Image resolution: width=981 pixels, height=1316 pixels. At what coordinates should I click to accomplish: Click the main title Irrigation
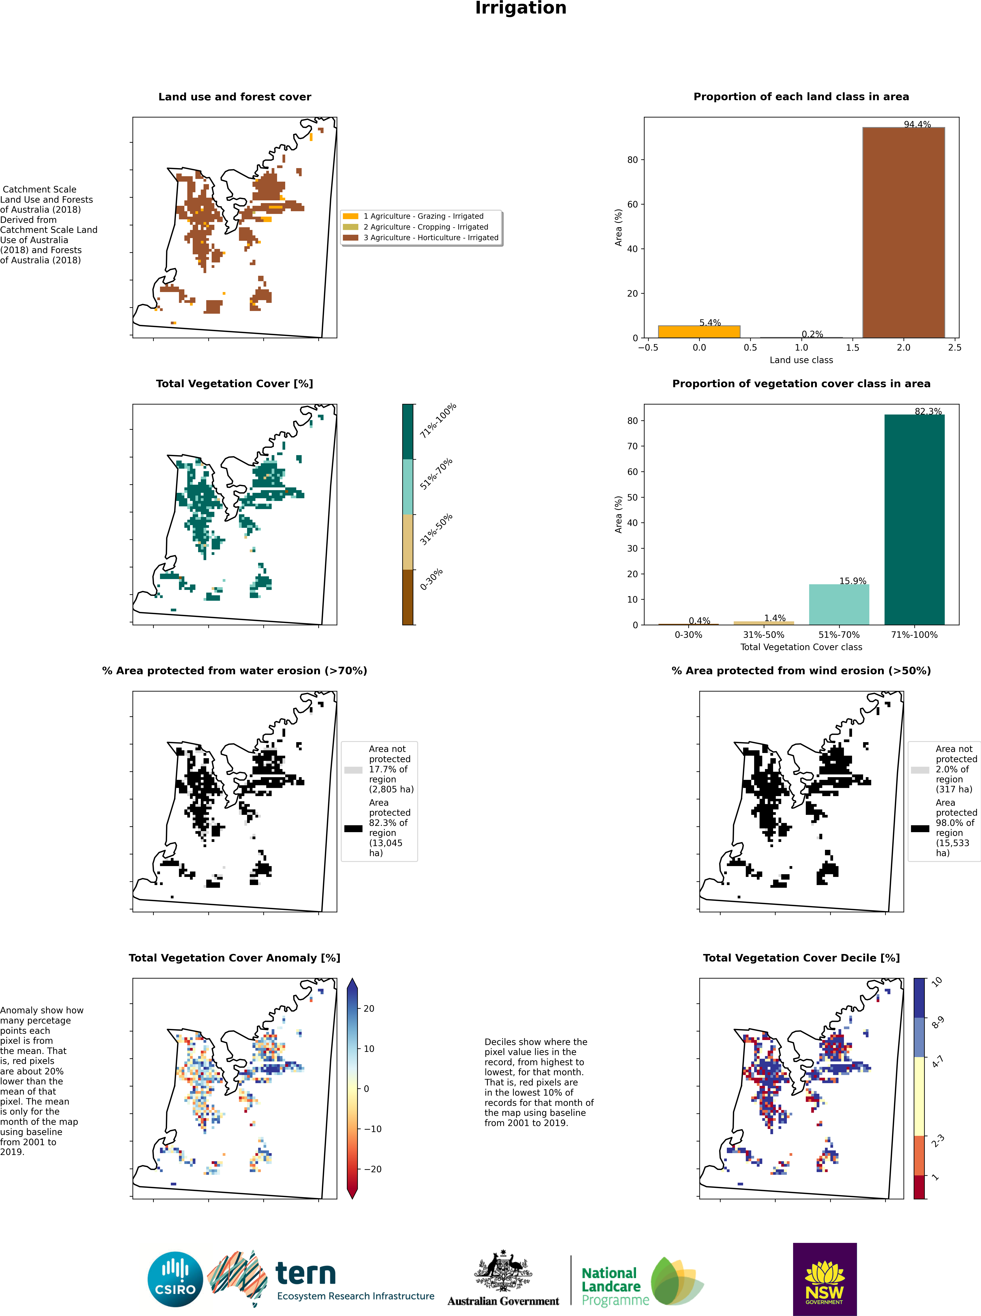coord(521,8)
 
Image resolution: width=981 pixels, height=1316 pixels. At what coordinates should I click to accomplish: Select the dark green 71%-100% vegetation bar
coord(915,519)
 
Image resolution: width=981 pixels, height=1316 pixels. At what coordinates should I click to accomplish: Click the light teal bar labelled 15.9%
coord(839,604)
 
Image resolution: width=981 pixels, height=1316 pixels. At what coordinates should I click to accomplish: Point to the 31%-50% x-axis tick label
coord(764,634)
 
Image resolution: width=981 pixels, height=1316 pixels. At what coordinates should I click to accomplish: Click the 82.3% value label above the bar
coord(928,411)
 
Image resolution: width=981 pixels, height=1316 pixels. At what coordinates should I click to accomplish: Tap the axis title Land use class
coord(801,360)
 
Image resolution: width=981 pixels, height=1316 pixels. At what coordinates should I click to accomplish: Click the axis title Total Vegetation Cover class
coord(801,647)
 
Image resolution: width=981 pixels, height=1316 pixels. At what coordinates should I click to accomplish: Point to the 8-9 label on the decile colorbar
coord(938,1022)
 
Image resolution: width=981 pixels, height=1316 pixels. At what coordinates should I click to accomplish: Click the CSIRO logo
coord(175,1279)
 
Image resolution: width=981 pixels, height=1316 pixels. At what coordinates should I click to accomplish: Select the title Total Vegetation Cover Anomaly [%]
coord(235,958)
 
